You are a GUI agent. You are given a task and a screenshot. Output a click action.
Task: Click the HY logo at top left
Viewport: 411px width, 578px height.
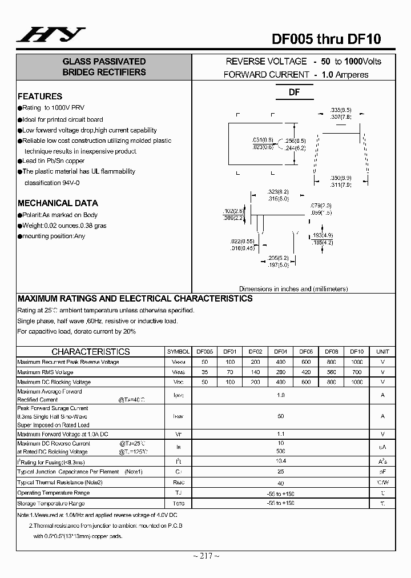coord(50,35)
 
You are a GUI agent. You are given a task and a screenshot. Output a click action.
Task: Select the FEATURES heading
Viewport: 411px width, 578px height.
coord(40,97)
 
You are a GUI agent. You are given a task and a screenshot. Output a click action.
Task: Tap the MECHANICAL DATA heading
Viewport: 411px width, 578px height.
coord(58,203)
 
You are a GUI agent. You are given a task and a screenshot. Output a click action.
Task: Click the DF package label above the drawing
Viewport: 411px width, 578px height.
coord(294,93)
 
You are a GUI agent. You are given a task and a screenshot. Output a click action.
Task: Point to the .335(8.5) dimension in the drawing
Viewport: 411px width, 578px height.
coord(341,110)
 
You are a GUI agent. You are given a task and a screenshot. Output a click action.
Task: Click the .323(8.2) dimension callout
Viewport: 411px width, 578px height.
coord(278,192)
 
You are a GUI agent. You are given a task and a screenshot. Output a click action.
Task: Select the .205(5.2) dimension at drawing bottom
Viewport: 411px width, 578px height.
coord(278,258)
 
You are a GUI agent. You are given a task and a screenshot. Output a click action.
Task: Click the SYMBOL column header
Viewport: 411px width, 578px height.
coord(178,352)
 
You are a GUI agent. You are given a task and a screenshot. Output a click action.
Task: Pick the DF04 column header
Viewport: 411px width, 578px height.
coord(280,352)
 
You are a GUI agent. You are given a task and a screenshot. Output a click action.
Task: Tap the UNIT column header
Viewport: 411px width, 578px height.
coord(382,352)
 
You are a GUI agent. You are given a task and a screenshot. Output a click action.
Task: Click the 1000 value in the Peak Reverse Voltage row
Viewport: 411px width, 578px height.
coord(356,362)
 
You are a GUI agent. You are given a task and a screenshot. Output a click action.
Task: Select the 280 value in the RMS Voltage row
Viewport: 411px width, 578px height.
coord(280,372)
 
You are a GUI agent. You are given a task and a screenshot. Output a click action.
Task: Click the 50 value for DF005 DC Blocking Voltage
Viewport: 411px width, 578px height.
coord(204,382)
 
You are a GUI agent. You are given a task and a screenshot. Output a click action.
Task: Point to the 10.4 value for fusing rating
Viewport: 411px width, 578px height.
coord(280,460)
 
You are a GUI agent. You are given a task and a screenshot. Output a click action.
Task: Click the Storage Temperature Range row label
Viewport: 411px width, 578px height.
coord(51,504)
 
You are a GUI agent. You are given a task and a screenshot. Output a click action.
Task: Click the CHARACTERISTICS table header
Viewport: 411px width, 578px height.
coord(91,352)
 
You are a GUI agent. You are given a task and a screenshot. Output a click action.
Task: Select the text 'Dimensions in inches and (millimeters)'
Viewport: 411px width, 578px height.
coord(293,289)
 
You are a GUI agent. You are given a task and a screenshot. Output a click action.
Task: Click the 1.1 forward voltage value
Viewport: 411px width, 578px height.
coord(280,434)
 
